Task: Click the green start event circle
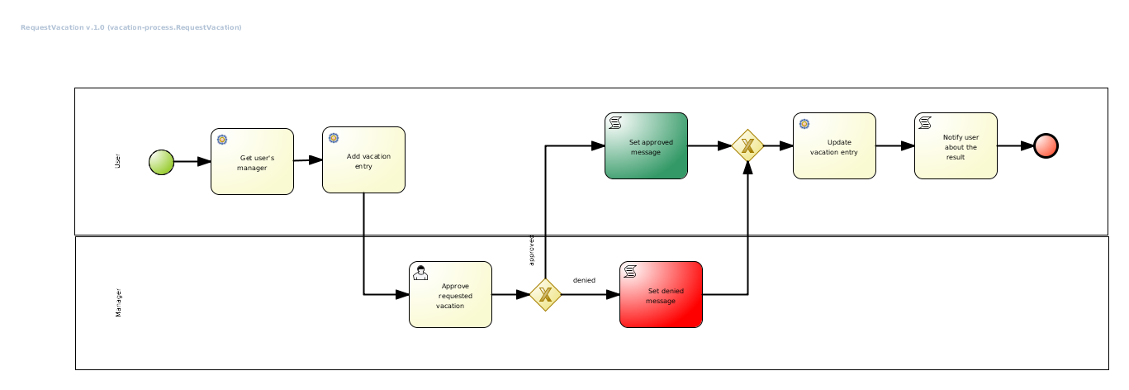pos(161,162)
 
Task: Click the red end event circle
pos(1046,145)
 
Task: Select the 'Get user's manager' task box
pos(252,161)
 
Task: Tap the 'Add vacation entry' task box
pos(363,159)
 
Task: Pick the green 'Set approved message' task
pos(646,145)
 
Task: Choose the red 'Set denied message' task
pos(661,294)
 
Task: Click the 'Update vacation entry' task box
pos(834,145)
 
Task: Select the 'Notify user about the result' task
pos(956,145)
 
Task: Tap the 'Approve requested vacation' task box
pos(450,294)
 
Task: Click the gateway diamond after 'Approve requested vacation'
pos(545,294)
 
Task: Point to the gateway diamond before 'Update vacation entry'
pos(747,145)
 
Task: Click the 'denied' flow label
pos(584,280)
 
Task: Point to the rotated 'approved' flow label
pos(532,251)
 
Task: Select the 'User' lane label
pos(117,162)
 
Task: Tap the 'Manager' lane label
pos(117,303)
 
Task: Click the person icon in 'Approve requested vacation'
pos(421,273)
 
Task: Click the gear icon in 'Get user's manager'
pos(222,140)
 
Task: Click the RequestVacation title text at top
pos(130,27)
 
